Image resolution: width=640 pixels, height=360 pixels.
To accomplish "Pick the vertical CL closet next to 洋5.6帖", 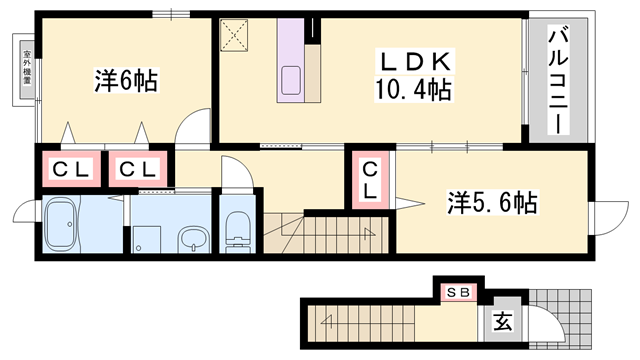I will click(370, 180).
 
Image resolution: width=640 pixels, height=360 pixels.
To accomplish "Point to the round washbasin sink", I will click(192, 238).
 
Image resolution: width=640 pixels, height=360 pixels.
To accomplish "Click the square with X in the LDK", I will click(240, 36).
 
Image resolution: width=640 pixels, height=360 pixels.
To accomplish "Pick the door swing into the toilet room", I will click(232, 178).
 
